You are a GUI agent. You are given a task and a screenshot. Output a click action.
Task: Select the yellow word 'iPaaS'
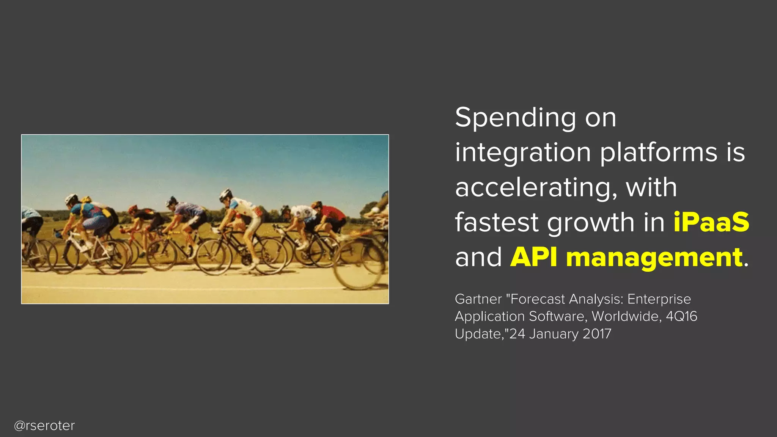click(711, 222)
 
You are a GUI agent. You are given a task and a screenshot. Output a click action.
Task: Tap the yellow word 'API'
click(533, 258)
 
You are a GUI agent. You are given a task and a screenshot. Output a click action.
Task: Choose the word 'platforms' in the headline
click(659, 152)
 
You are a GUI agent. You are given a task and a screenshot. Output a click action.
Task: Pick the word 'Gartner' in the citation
click(478, 299)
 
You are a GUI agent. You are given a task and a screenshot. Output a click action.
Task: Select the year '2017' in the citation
click(597, 334)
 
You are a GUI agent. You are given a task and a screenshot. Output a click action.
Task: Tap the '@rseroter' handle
click(44, 426)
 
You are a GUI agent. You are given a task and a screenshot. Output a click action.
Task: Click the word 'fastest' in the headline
click(497, 222)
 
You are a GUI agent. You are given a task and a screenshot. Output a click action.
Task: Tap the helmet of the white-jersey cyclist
click(225, 195)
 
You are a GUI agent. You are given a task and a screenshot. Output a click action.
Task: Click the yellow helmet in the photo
click(86, 199)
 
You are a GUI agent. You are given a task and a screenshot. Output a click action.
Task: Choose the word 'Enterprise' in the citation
click(659, 299)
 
